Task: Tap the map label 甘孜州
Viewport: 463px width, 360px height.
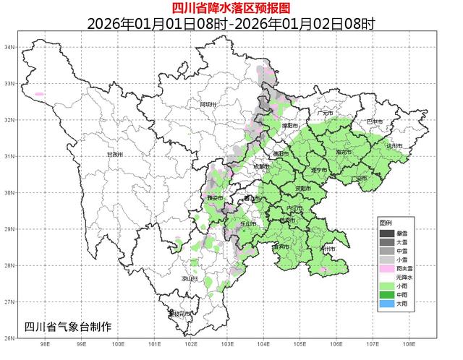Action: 116,154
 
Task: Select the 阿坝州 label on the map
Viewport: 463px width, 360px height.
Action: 208,104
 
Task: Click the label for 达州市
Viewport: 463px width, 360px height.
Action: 394,146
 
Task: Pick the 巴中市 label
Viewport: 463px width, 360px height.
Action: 374,121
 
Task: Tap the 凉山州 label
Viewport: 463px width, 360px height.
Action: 190,278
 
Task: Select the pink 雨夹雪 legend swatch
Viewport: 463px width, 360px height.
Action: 388,268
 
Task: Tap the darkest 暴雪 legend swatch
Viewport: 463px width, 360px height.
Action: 388,233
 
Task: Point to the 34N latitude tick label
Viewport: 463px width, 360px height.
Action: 10,47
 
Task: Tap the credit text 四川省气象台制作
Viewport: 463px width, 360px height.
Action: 68,327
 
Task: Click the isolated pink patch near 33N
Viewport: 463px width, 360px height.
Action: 39,93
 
